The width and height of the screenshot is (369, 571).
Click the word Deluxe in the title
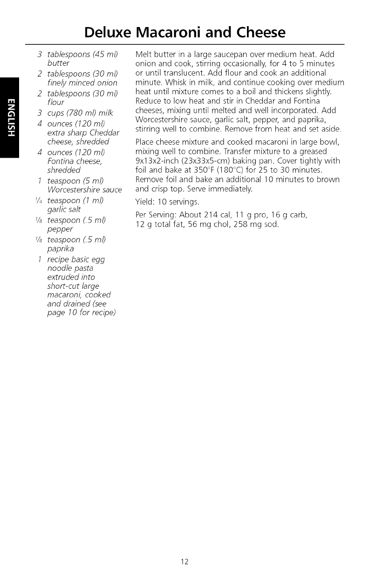[x=108, y=32]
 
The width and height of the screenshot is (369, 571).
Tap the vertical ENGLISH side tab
[x=9, y=118]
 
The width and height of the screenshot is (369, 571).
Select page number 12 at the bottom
[x=184, y=561]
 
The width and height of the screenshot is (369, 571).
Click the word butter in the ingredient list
[x=58, y=63]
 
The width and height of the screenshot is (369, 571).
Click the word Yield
[x=144, y=202]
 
